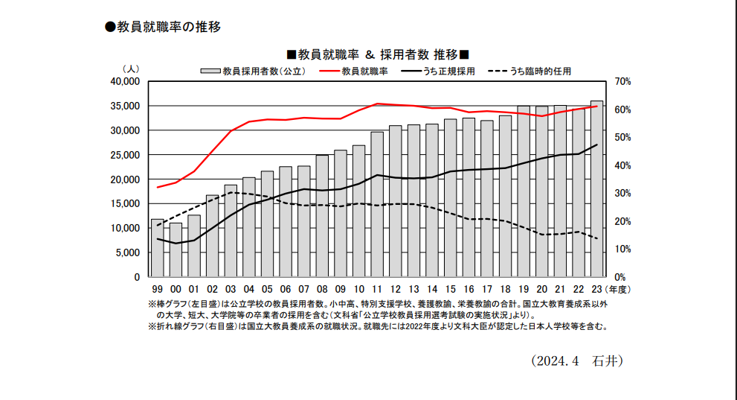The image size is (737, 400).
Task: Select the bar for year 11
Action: click(377, 204)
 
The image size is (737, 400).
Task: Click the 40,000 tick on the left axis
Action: click(125, 81)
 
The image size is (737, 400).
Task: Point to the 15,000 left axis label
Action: click(125, 203)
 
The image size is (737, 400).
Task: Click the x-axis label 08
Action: click(322, 290)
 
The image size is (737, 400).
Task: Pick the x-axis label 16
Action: click(469, 290)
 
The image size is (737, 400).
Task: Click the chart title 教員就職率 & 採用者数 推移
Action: click(378, 55)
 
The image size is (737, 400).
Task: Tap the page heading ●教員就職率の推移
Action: click(163, 27)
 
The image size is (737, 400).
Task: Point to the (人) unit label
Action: click(132, 69)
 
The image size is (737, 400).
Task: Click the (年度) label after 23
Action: click(617, 290)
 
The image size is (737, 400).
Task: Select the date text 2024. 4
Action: click(556, 361)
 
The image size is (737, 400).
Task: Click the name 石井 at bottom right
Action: click(603, 361)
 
